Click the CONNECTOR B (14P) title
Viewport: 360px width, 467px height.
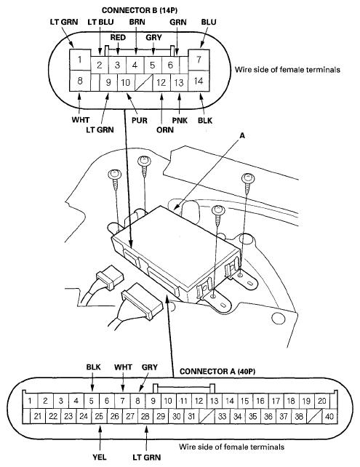[140, 10]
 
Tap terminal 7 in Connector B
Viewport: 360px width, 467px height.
[199, 60]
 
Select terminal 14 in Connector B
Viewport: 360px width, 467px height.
[199, 81]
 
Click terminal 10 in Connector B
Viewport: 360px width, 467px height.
[126, 82]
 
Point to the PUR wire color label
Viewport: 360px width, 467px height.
[140, 120]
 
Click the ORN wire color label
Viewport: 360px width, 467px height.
[164, 130]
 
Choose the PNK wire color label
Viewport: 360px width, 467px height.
[180, 120]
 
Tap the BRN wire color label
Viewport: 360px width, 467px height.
[137, 22]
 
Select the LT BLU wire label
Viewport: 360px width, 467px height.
[100, 22]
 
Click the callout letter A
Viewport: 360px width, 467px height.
[242, 136]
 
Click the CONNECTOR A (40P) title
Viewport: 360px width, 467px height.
[217, 372]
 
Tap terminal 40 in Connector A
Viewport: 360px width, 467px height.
[329, 416]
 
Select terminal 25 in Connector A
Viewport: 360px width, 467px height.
[99, 416]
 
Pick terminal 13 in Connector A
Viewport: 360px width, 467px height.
[214, 401]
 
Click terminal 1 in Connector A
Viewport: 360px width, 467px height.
[30, 401]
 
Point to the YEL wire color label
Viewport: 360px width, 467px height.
[100, 457]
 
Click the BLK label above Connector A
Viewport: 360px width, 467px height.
[94, 367]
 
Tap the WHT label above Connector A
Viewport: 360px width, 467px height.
[123, 367]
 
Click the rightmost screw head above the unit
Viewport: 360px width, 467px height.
[247, 178]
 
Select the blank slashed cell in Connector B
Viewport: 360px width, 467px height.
[144, 82]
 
